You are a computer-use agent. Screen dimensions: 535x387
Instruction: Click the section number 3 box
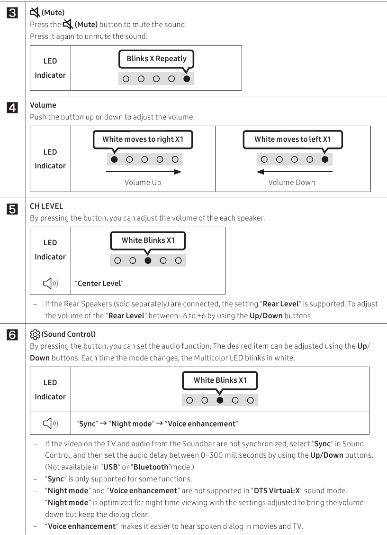13,13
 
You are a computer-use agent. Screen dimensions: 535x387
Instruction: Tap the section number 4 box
13,108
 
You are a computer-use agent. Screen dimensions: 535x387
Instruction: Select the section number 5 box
13,208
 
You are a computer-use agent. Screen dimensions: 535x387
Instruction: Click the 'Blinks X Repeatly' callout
156,59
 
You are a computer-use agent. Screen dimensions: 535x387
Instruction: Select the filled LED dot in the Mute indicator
187,79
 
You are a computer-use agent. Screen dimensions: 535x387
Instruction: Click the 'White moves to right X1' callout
143,139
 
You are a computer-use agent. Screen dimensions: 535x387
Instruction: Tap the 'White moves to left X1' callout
292,139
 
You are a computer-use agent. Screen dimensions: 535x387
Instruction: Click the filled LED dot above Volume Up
114,159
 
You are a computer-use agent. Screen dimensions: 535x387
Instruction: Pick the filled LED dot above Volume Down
324,159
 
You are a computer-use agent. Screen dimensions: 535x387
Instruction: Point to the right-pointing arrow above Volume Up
144,172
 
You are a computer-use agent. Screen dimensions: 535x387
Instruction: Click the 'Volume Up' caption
143,183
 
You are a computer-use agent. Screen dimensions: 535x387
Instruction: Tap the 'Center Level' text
99,284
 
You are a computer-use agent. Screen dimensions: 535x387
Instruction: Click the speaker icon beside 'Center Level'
50,284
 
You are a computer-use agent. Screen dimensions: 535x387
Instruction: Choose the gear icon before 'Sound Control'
35,334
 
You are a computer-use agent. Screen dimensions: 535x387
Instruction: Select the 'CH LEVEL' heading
46,206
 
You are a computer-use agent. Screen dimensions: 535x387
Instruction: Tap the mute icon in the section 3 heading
35,12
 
